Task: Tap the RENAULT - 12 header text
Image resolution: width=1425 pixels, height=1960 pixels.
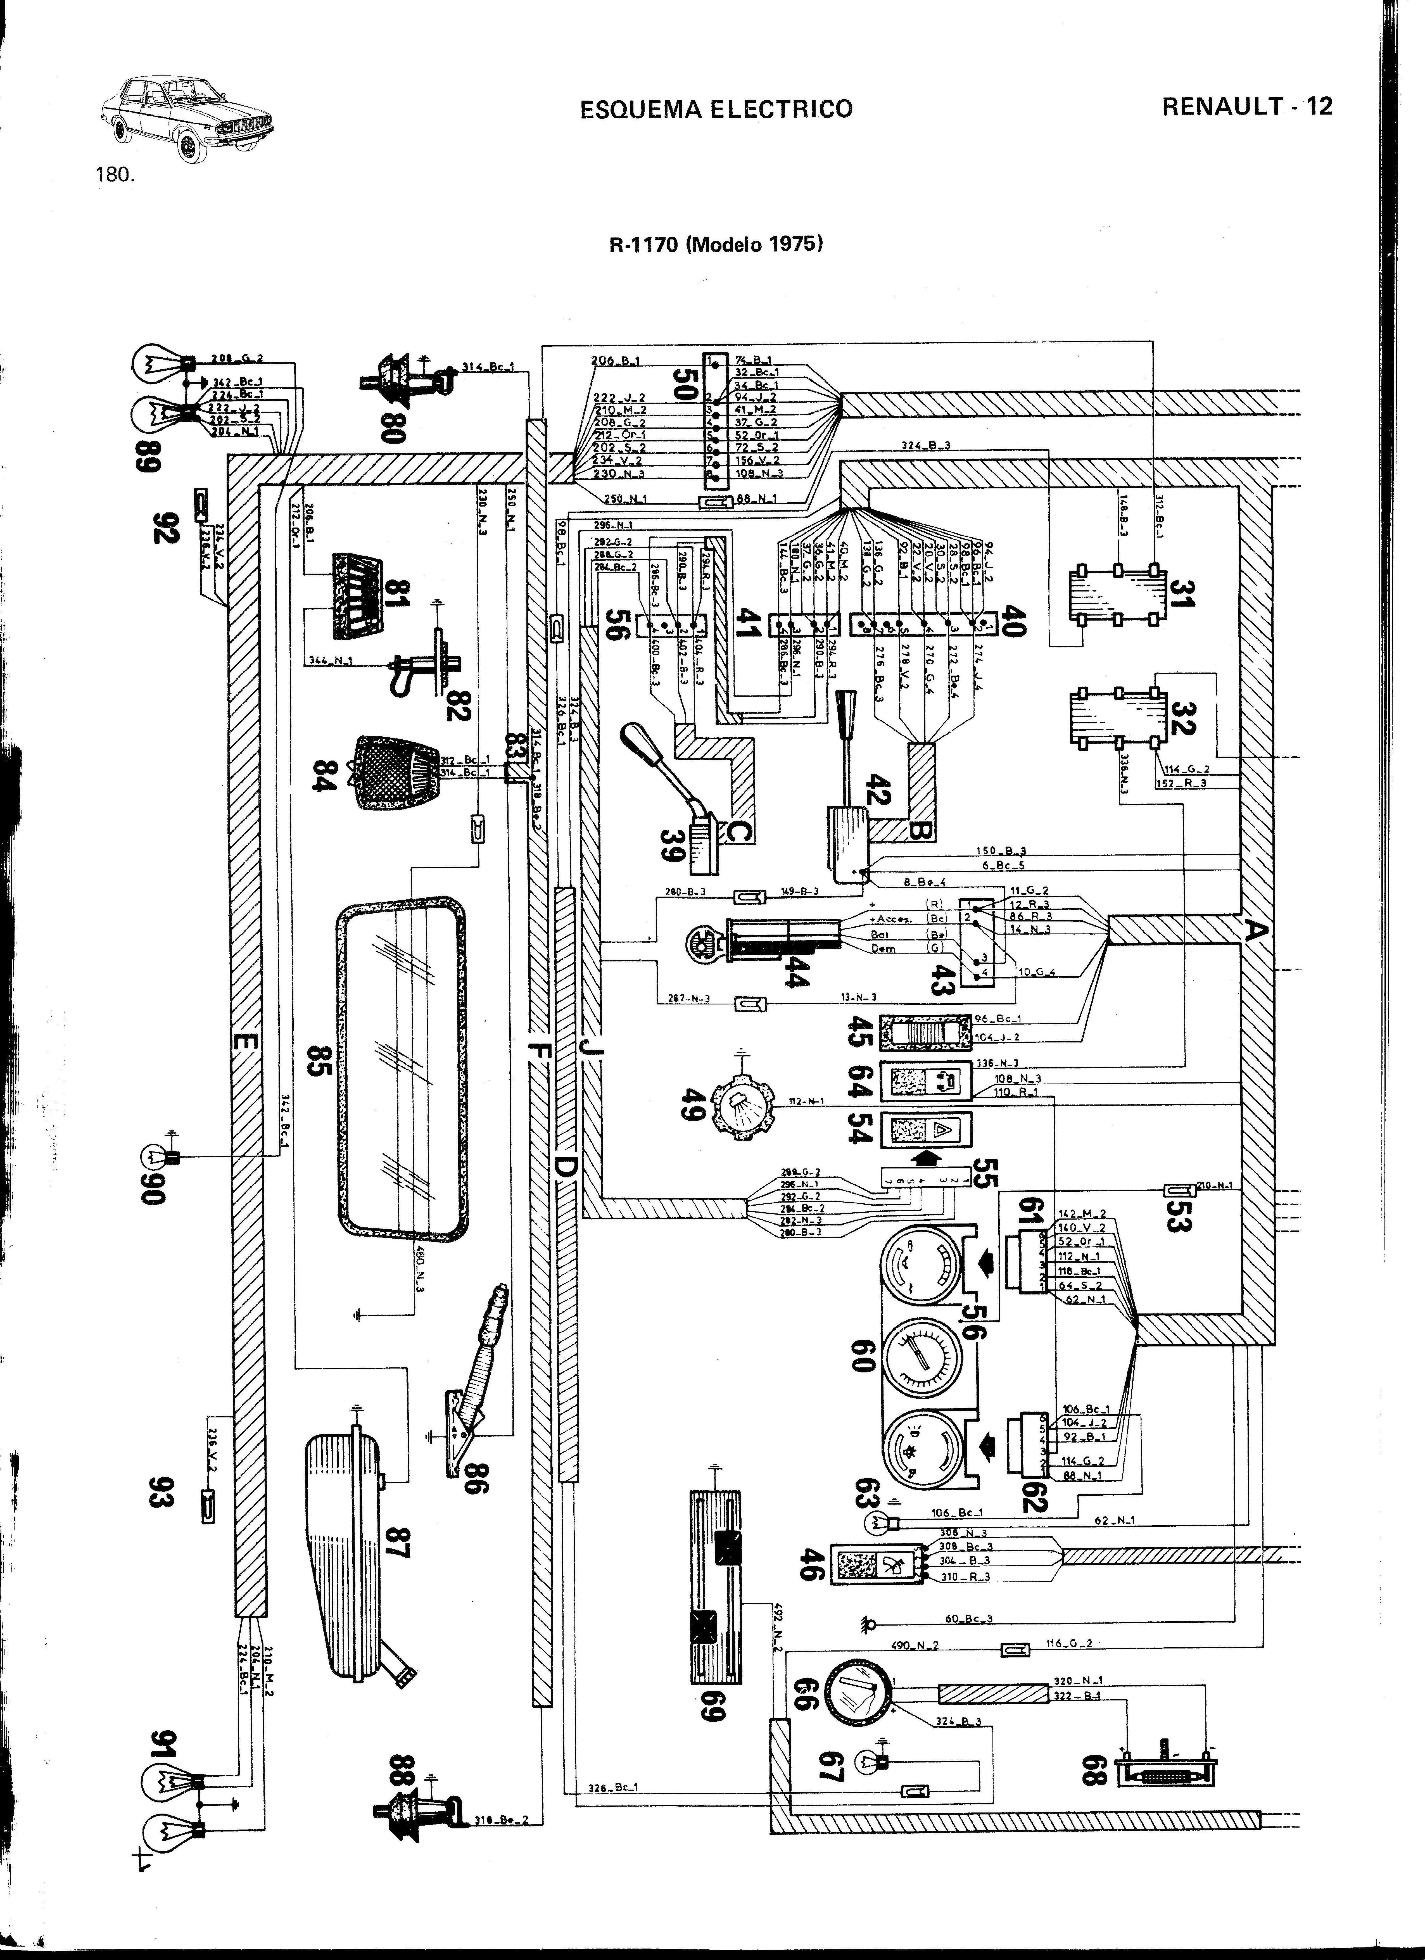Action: click(1247, 106)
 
